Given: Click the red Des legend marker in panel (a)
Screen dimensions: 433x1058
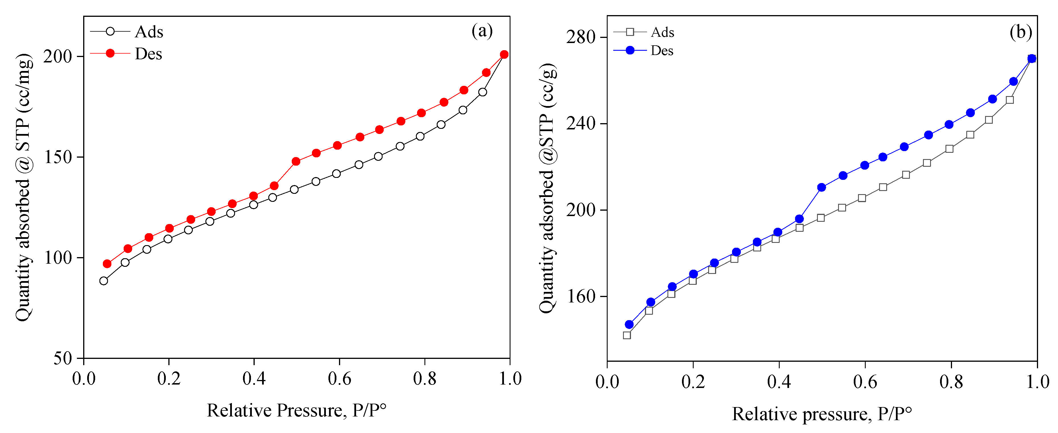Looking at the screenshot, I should [110, 53].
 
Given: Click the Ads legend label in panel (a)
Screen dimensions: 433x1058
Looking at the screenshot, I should [149, 32].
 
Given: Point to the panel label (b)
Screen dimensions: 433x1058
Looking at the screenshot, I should [1021, 32].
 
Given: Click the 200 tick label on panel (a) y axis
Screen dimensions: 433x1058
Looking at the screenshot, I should [58, 56].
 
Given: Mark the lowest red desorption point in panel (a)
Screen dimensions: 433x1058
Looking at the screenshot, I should [107, 264].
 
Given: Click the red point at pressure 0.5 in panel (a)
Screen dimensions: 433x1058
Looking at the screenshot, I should [296, 161].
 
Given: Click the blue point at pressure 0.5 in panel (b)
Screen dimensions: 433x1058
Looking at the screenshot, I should [822, 187].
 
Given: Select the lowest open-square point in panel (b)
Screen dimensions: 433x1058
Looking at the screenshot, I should [627, 335].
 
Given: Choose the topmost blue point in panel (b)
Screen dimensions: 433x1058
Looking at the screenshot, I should [1032, 59].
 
